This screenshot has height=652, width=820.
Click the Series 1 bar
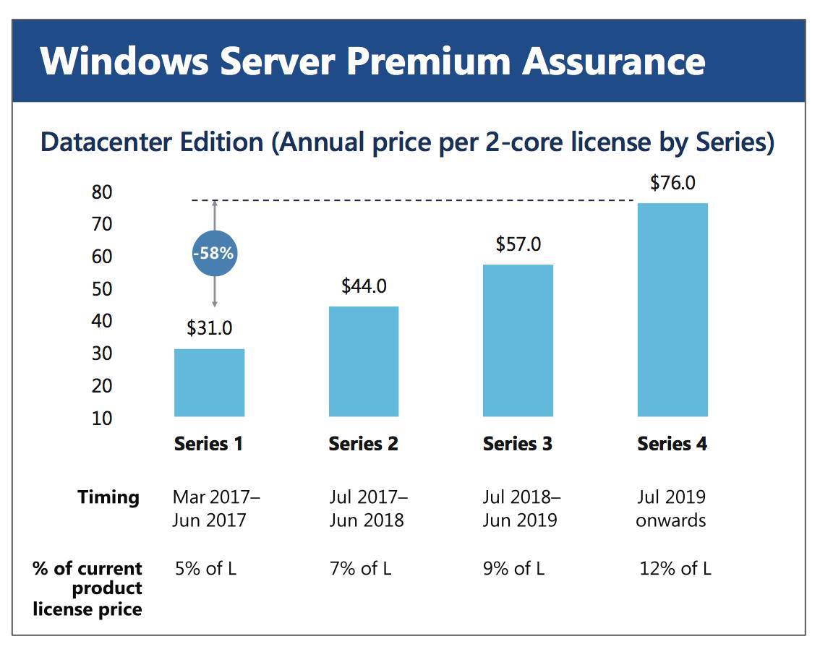[x=209, y=382]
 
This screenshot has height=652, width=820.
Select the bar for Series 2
[x=363, y=361]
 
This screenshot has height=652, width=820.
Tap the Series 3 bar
[x=518, y=340]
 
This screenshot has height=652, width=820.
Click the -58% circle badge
[x=215, y=254]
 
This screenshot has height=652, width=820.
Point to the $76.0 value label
[x=672, y=183]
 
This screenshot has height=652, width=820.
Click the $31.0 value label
[x=209, y=328]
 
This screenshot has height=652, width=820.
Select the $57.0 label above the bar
[x=518, y=244]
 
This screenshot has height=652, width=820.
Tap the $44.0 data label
[x=364, y=286]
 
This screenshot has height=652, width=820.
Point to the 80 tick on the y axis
[x=102, y=192]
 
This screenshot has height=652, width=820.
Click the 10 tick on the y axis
[x=102, y=418]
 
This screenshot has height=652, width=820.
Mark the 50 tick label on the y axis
[x=102, y=289]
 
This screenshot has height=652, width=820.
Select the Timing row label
[x=108, y=497]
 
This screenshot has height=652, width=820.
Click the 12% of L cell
[x=675, y=568]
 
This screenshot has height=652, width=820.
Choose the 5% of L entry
[x=205, y=568]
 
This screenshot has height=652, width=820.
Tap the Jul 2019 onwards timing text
[x=671, y=509]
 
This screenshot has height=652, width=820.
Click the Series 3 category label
[x=518, y=444]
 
